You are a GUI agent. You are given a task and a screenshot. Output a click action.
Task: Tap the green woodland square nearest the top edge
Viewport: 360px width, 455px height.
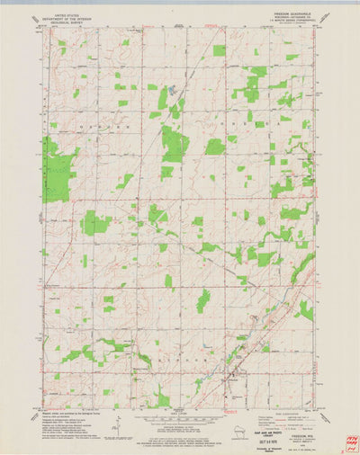(x=220, y=50)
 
